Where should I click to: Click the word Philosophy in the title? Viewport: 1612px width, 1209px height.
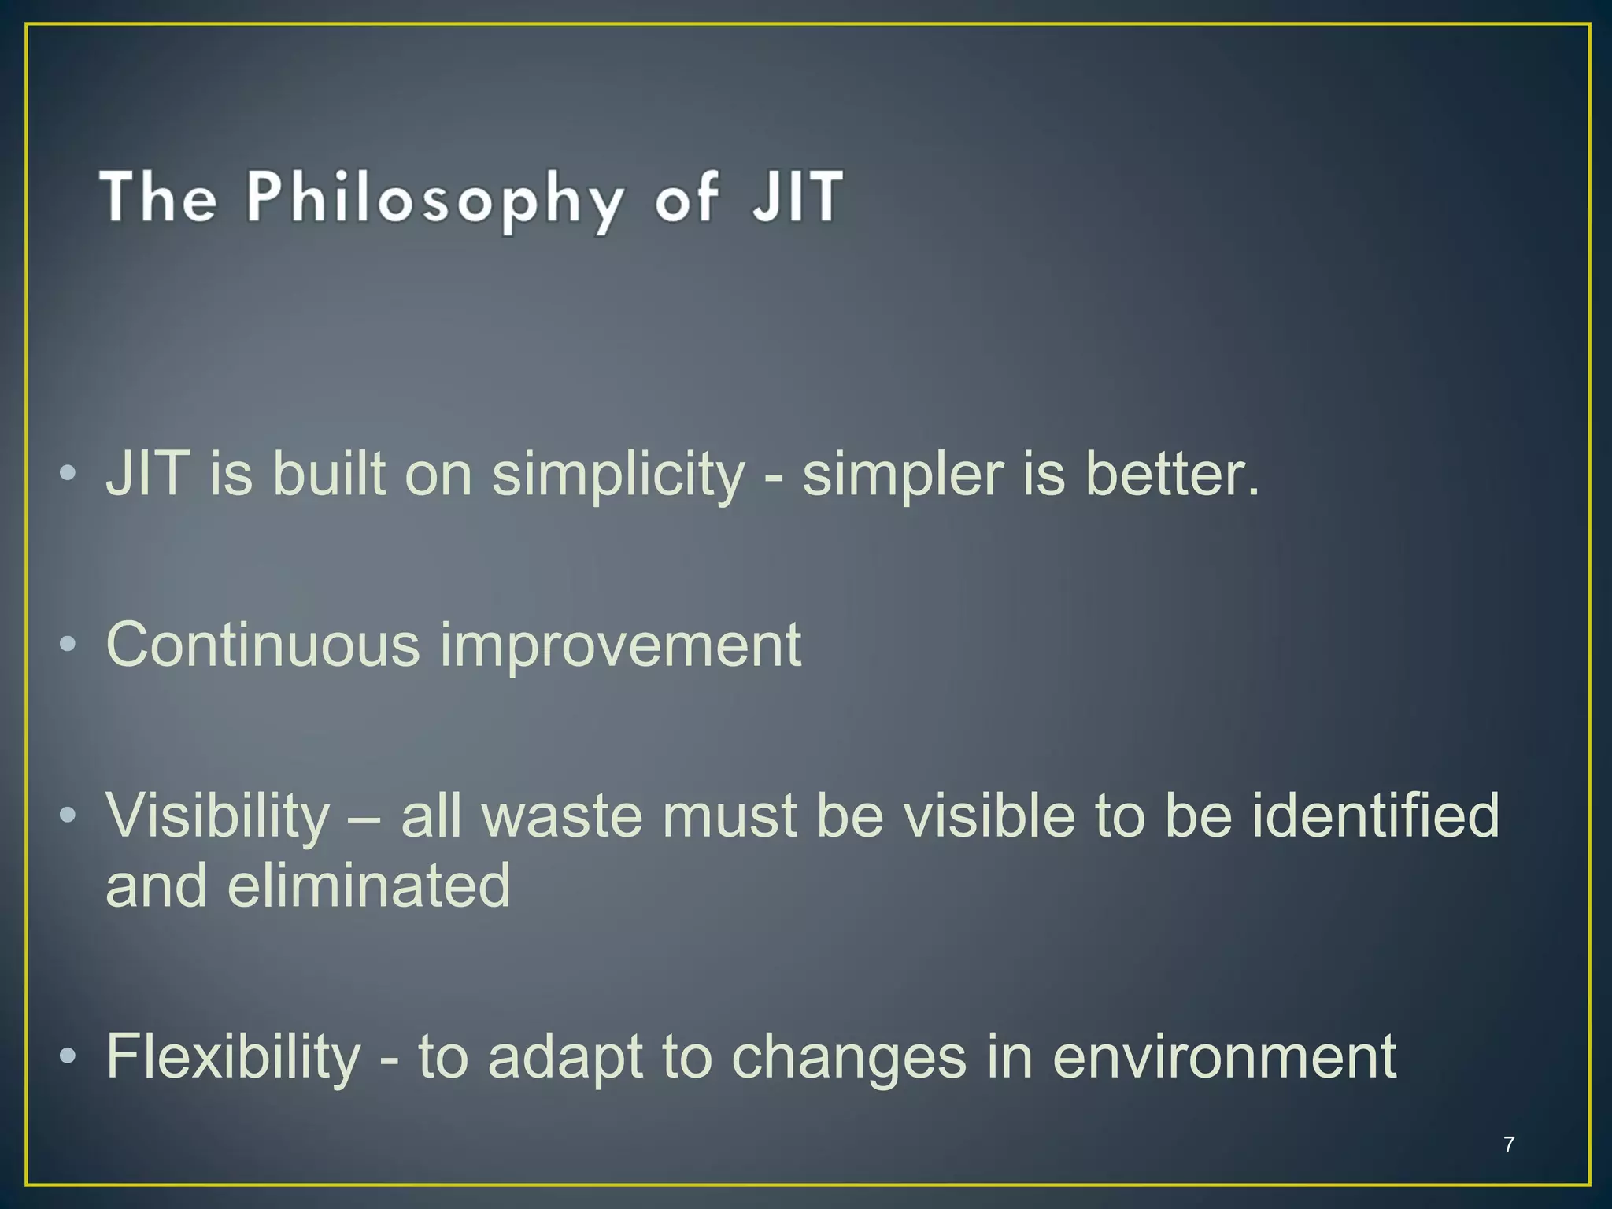click(434, 198)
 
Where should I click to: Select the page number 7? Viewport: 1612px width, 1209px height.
click(1508, 1144)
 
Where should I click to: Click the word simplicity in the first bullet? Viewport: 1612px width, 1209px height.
click(618, 475)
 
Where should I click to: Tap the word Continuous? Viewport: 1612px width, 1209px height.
click(263, 645)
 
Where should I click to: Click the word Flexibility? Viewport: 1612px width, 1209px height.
click(233, 1058)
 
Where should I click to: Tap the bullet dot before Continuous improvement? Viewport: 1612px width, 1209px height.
click(68, 645)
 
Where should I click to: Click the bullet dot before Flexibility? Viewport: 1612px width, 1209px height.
click(68, 1056)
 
